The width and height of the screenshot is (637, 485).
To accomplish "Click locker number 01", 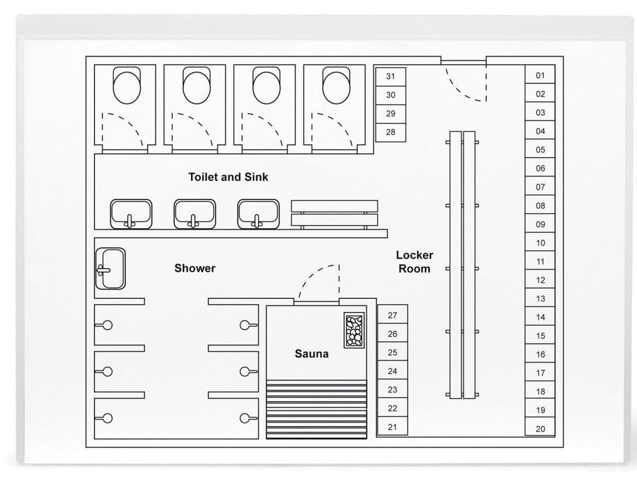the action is tap(540, 75).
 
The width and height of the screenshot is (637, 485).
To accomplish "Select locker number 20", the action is tap(540, 428).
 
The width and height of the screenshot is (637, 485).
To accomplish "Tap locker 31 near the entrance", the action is tap(391, 76).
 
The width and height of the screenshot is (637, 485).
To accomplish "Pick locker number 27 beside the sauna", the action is tap(393, 315).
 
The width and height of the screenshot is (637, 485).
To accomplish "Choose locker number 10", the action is tap(540, 242).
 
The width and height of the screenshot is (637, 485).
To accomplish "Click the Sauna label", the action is tap(312, 353).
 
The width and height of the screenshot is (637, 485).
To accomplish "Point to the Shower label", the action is tap(195, 268).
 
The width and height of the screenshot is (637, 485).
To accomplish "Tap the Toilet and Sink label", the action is tap(228, 177).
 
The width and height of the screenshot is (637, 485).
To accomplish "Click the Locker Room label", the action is tap(414, 262).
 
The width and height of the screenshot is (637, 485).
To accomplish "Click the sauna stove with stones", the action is tap(354, 330).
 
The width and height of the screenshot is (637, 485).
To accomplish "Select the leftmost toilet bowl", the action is tap(127, 86).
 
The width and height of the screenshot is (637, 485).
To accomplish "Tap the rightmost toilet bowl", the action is tap(336, 86).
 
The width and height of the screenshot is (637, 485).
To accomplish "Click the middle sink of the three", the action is tap(195, 214).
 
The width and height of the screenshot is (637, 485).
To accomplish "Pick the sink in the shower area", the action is tap(110, 269).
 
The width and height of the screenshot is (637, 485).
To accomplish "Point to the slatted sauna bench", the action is tap(317, 409).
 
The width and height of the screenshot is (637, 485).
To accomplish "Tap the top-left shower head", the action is tap(105, 325).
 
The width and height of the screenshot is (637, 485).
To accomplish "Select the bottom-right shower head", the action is tap(248, 418).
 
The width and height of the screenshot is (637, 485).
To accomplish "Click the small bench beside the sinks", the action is tap(334, 214).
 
